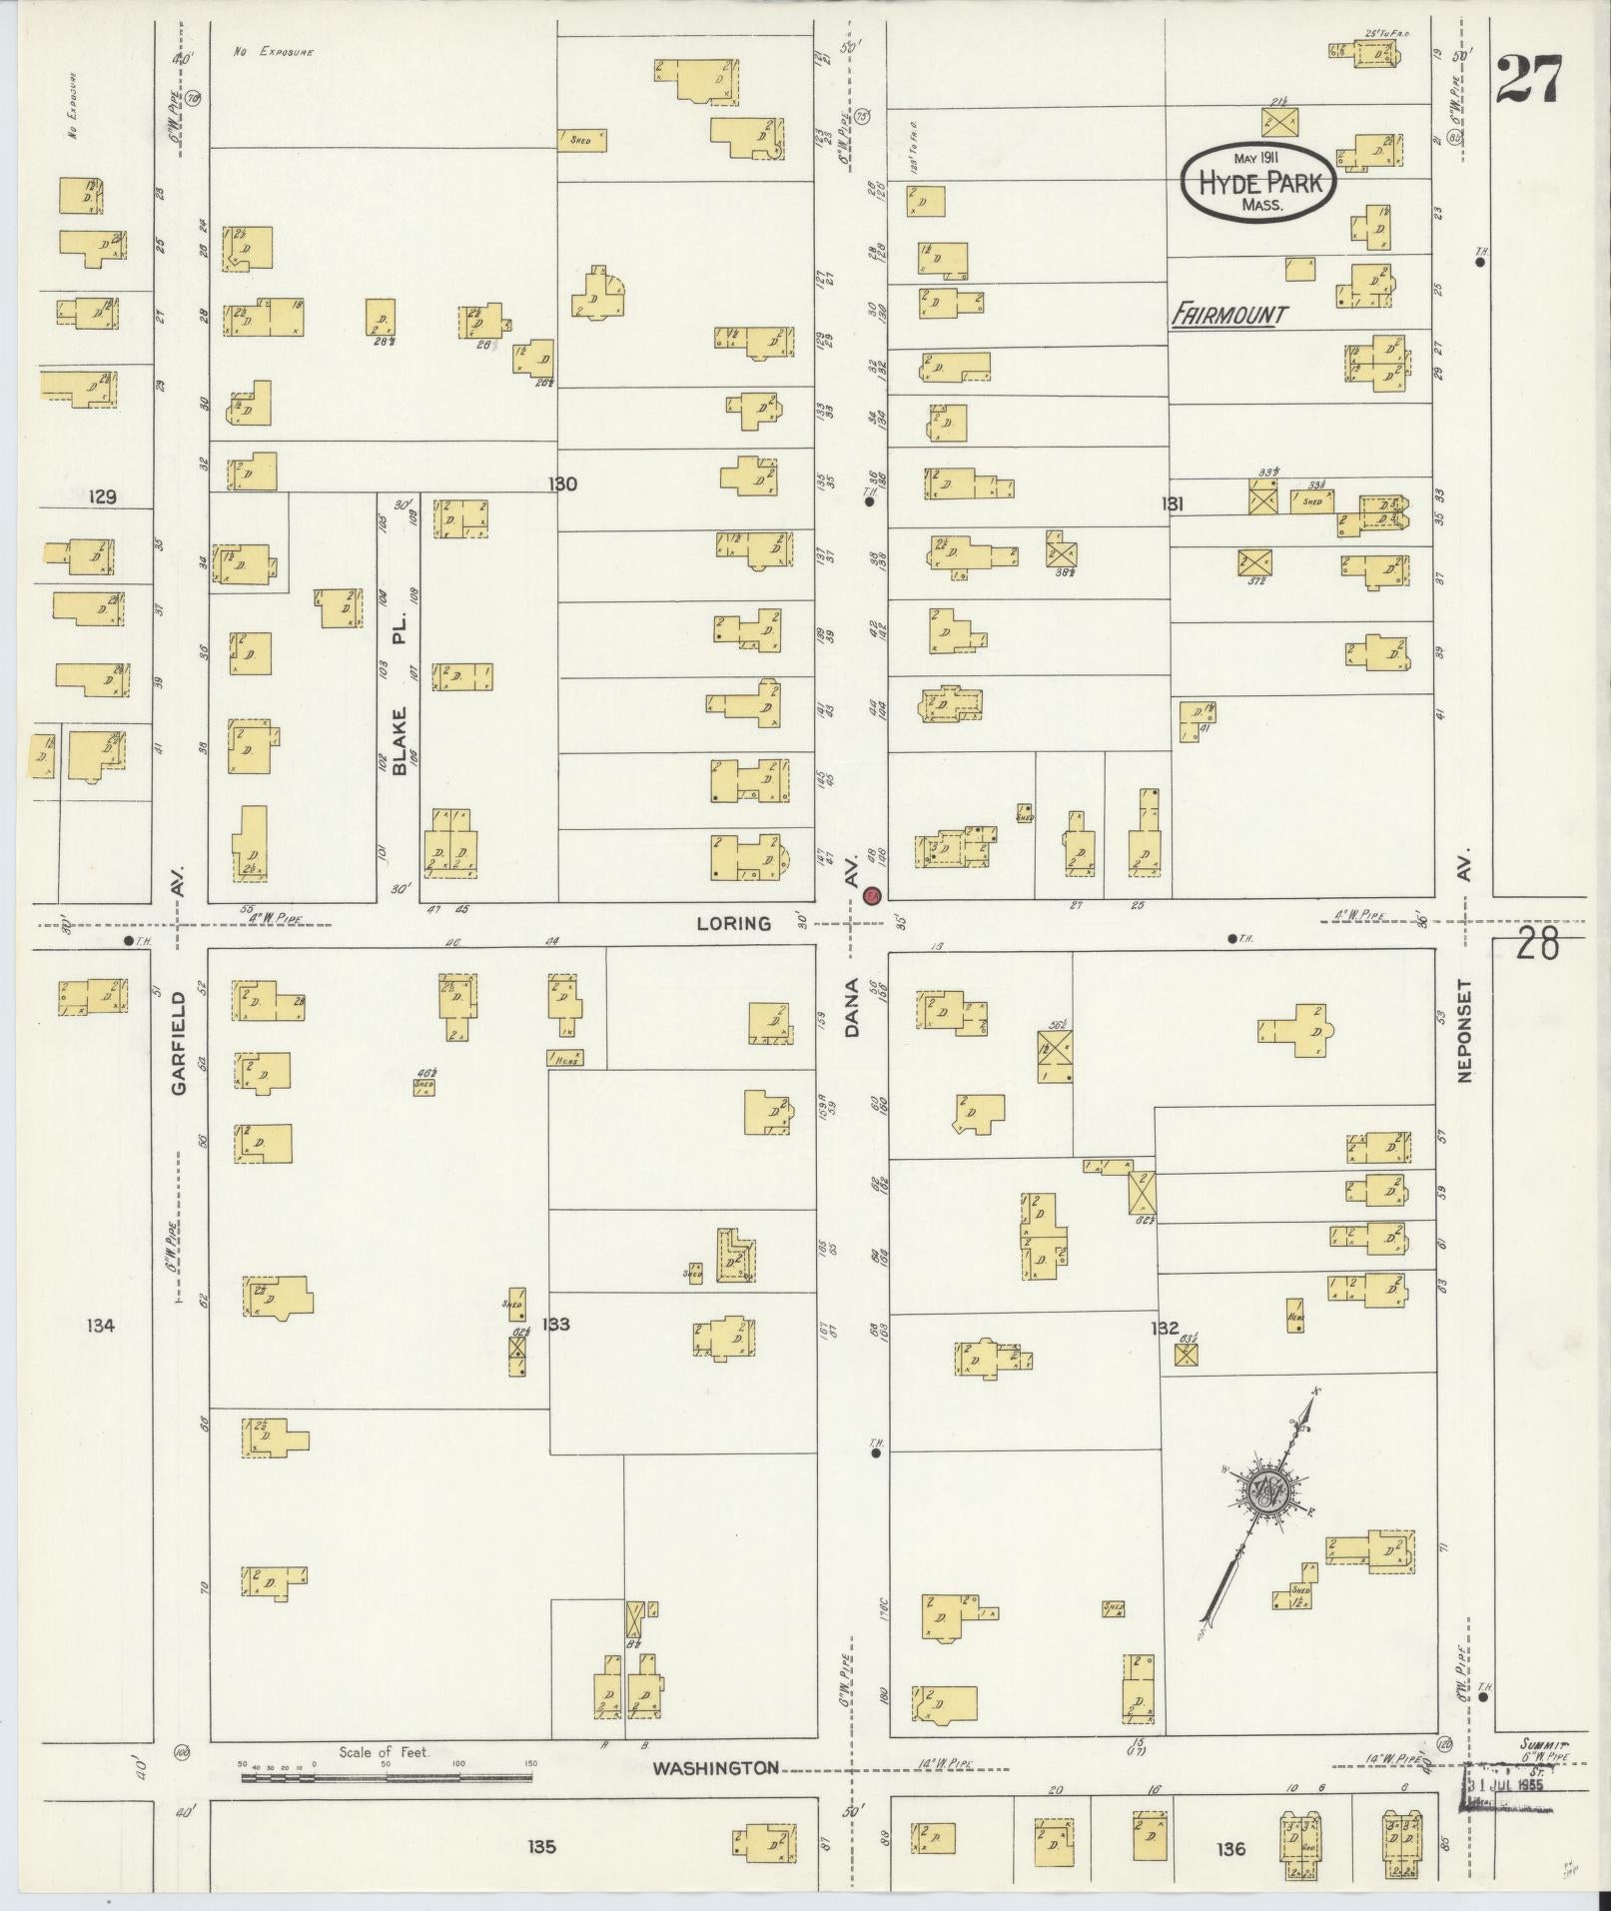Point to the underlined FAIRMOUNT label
tap(1228, 316)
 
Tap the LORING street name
tap(734, 923)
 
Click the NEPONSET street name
tap(1464, 1029)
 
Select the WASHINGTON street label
tap(715, 1768)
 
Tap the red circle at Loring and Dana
tap(872, 896)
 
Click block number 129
tap(102, 496)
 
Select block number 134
tap(101, 1326)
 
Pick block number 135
tap(541, 1847)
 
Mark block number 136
tap(1231, 1849)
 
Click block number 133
tap(555, 1325)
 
